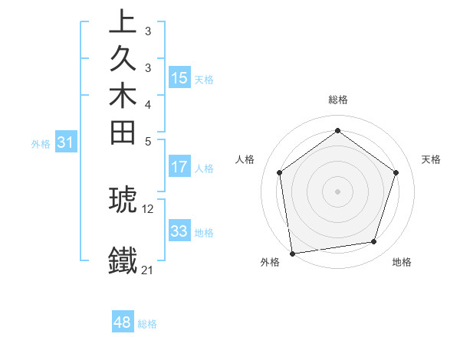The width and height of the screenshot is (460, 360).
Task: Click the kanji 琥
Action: (x=123, y=199)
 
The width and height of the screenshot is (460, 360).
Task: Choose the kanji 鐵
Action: (x=123, y=260)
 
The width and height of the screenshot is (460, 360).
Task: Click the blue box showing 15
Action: (x=179, y=78)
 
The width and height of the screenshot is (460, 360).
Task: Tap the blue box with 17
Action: (x=179, y=167)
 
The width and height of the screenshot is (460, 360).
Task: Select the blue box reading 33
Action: (x=179, y=231)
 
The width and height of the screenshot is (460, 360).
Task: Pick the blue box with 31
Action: (x=66, y=142)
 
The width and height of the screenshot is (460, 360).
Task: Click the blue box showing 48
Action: (x=123, y=322)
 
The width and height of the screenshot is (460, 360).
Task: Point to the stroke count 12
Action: (x=148, y=208)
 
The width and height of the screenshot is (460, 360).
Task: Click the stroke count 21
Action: (x=148, y=270)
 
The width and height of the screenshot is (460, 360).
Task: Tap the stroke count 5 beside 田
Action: (x=148, y=142)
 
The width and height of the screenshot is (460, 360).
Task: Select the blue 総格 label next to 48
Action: (x=147, y=324)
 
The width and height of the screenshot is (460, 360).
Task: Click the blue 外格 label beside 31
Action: (x=41, y=143)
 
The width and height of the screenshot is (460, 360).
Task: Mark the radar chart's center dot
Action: (x=337, y=191)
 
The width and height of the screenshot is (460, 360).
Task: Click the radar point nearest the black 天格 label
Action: (x=396, y=172)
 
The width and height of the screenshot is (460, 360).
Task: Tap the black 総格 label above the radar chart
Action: (x=337, y=100)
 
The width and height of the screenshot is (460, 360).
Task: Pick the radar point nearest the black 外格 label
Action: (x=292, y=253)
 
